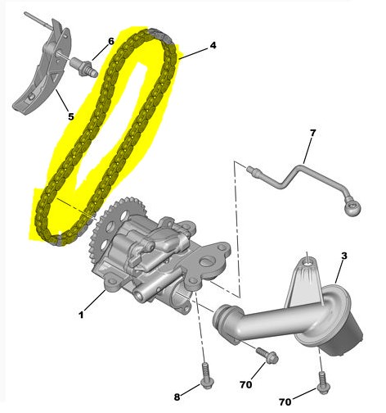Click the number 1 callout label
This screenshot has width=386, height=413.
tap(81, 315)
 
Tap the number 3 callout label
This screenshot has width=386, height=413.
tap(344, 256)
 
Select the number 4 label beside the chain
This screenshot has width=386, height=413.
tap(213, 45)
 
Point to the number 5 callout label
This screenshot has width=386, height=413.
tap(71, 116)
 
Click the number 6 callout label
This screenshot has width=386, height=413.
tap(111, 41)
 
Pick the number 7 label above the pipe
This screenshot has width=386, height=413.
tap(312, 133)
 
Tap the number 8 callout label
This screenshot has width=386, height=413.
tap(177, 397)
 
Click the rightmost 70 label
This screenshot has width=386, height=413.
tap(285, 402)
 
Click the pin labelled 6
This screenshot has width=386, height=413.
tap(83, 67)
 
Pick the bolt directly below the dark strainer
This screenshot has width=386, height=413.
tap(324, 383)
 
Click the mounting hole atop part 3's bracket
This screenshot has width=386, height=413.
tap(308, 263)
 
